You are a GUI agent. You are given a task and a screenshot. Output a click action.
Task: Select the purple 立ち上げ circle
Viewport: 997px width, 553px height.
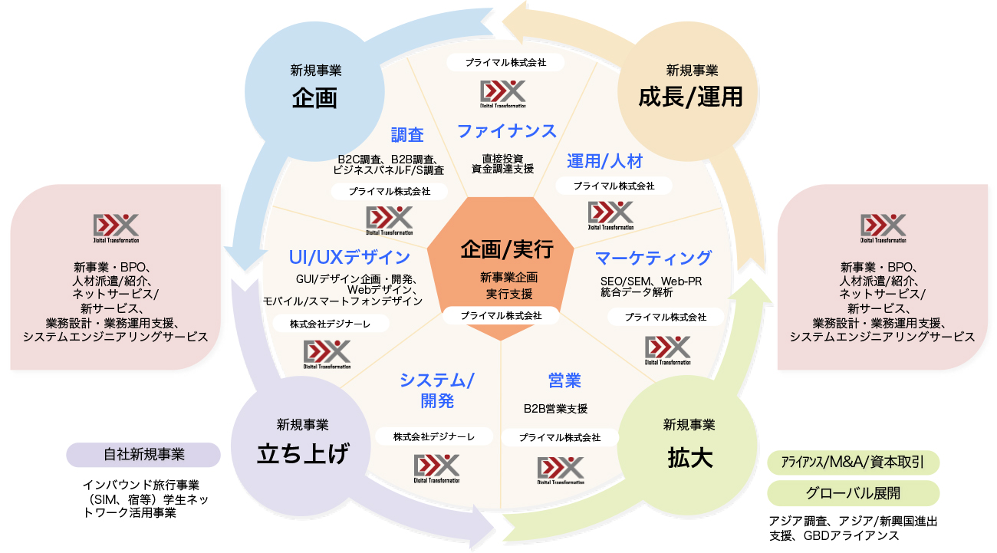point(303,442)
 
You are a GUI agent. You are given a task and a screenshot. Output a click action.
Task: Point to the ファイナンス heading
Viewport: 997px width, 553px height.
point(507,131)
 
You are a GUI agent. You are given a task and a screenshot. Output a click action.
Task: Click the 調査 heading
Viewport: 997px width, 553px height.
point(407,135)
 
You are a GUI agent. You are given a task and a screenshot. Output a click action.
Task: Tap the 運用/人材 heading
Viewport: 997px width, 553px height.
point(604,161)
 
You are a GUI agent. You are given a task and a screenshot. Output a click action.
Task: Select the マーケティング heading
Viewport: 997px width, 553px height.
point(653,258)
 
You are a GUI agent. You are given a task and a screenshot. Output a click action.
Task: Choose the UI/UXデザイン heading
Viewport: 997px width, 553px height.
point(349,257)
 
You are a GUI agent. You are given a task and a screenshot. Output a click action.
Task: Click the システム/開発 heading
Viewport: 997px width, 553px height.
point(437,390)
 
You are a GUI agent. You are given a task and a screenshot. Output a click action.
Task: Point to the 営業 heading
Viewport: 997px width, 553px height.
point(564,380)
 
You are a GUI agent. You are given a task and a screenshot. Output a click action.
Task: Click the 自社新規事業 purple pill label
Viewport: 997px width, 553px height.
point(144,454)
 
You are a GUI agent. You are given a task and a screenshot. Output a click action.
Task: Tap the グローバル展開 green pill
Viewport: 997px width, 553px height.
point(853,492)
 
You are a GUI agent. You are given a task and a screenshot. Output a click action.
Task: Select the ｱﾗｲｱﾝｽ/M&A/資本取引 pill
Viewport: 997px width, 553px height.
point(853,462)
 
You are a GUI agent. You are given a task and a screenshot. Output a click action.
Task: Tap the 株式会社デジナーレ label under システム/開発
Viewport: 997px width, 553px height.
point(433,436)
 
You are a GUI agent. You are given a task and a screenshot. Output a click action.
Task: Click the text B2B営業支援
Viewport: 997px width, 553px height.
point(556,409)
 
